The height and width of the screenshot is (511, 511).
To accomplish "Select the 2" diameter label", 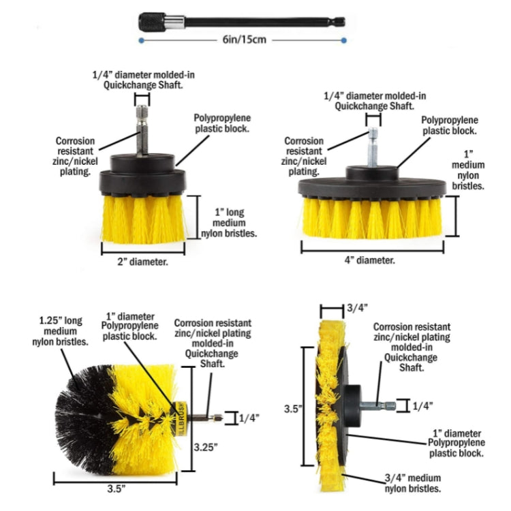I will pyautogui.click(x=143, y=261).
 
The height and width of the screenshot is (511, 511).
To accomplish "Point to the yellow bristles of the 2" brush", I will pyautogui.click(x=143, y=219).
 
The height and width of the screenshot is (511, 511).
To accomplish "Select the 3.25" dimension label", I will pyautogui.click(x=205, y=448).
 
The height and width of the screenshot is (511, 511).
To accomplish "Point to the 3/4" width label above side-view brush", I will pyautogui.click(x=358, y=308).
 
